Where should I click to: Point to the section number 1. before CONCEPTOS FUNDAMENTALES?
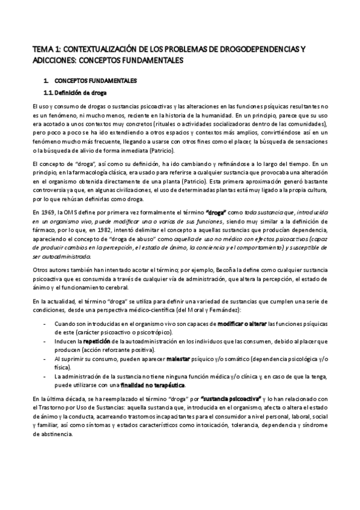(46, 80)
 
